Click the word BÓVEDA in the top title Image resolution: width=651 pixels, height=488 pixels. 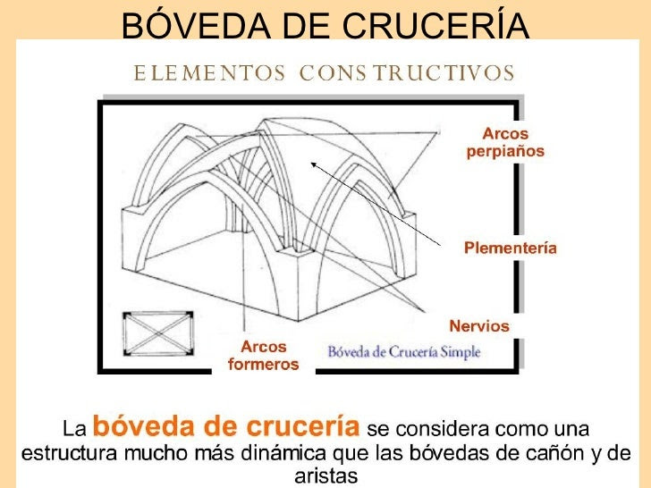197,24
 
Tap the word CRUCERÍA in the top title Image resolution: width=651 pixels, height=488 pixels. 436,24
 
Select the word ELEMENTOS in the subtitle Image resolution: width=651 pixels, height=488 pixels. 209,73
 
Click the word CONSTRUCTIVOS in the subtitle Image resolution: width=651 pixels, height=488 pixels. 407,73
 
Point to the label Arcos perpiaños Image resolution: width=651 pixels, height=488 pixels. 505,143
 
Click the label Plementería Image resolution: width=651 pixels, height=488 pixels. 511,248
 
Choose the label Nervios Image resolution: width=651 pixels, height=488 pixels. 479,325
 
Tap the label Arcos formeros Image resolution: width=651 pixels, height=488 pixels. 264,355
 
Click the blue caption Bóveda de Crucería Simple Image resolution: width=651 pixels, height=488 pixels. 404,352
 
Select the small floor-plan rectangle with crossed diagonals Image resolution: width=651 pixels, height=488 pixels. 157,333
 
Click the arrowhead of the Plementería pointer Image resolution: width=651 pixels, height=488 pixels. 313,164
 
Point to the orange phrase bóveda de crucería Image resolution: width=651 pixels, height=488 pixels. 226,425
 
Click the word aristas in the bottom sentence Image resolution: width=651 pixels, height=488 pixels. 325,476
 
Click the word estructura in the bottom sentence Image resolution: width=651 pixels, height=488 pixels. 69,453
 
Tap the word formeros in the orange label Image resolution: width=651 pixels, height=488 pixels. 264,365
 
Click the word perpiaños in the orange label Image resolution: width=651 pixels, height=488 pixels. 505,152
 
